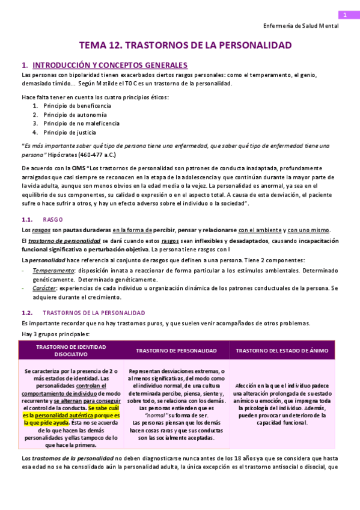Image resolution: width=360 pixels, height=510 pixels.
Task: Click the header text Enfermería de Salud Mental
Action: coord(301,26)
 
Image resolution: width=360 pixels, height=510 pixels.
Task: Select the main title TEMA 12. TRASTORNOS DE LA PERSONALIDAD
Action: coord(186,45)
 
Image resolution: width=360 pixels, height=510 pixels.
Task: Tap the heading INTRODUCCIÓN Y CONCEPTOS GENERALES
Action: coord(110,65)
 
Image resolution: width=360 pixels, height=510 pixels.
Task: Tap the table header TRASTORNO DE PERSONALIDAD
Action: coord(176,351)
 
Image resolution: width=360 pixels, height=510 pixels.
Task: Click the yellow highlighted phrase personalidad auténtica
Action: coord(59,415)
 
